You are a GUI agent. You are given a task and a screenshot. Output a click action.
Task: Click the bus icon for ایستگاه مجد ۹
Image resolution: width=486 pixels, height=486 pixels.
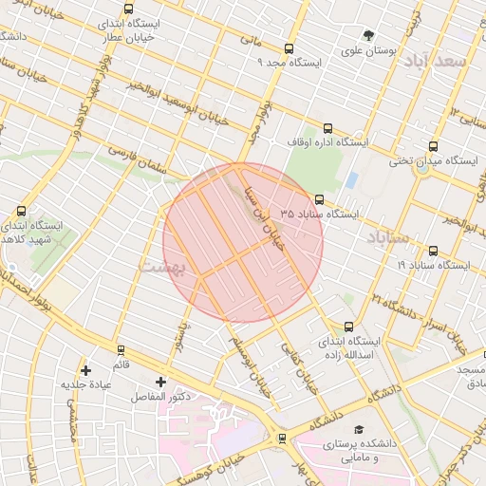click(289, 49)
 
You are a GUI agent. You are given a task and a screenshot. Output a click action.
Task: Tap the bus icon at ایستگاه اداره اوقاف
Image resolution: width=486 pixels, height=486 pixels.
click(327, 129)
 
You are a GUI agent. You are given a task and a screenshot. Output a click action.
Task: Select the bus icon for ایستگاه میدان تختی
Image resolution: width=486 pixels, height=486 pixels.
click(434, 147)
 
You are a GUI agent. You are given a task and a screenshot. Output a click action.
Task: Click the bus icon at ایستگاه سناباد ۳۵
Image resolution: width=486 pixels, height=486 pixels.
click(318, 200)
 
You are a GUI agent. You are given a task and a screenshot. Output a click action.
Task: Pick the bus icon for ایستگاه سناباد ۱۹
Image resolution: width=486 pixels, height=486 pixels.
click(434, 252)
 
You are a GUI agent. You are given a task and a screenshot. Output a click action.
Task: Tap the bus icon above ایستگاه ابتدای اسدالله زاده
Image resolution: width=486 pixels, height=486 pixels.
click(348, 327)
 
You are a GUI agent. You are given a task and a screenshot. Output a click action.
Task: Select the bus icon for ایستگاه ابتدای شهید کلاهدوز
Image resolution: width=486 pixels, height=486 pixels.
click(21, 212)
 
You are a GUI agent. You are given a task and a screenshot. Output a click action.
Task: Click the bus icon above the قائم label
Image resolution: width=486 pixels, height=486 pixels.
click(121, 350)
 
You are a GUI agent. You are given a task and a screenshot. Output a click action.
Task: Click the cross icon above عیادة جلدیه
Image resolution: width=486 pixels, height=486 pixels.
click(86, 370)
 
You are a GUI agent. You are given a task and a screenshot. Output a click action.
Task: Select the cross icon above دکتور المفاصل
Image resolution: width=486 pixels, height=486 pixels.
click(159, 382)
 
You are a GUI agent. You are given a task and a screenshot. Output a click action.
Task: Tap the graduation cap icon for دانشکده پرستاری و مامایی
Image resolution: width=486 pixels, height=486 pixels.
click(359, 430)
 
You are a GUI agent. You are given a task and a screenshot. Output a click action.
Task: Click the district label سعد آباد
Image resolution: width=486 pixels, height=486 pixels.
click(437, 61)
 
